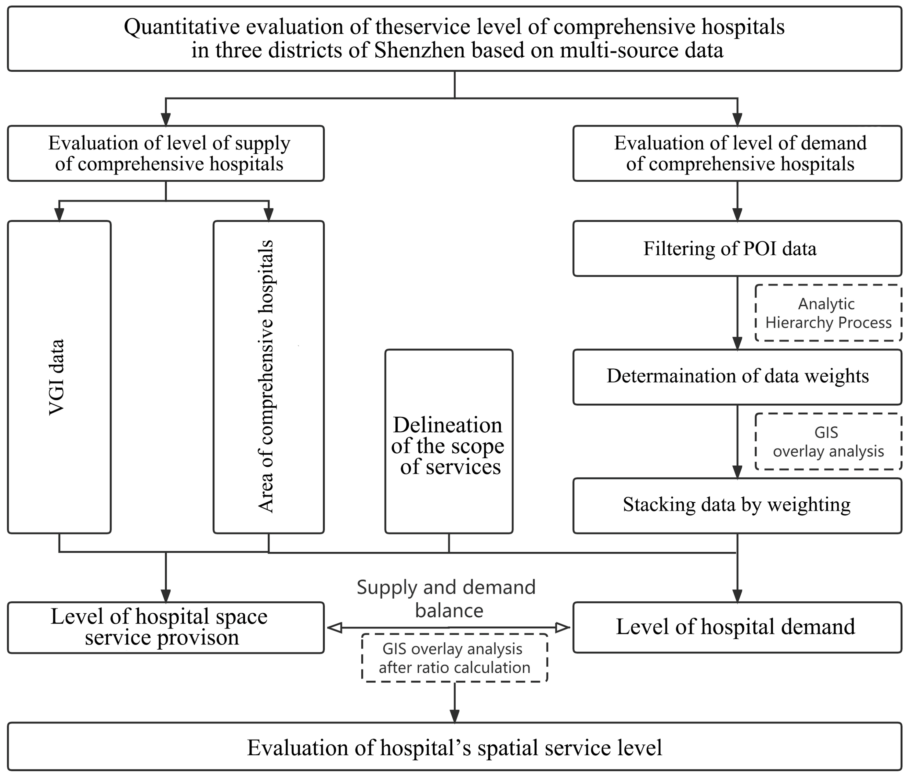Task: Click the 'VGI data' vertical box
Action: (x=59, y=377)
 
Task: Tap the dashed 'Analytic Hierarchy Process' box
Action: (x=828, y=313)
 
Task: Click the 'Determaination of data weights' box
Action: (x=737, y=376)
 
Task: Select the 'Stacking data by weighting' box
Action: (x=737, y=505)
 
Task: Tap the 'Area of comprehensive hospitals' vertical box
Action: (x=268, y=377)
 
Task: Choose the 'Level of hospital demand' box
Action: (x=737, y=627)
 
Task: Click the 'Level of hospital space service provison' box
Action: (x=166, y=627)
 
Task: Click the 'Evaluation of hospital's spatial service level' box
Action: (x=455, y=748)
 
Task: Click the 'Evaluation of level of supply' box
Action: (x=166, y=154)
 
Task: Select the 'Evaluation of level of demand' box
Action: (x=737, y=154)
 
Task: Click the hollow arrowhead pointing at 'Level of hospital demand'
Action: (x=563, y=627)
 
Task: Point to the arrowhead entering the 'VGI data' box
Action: (x=59, y=215)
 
